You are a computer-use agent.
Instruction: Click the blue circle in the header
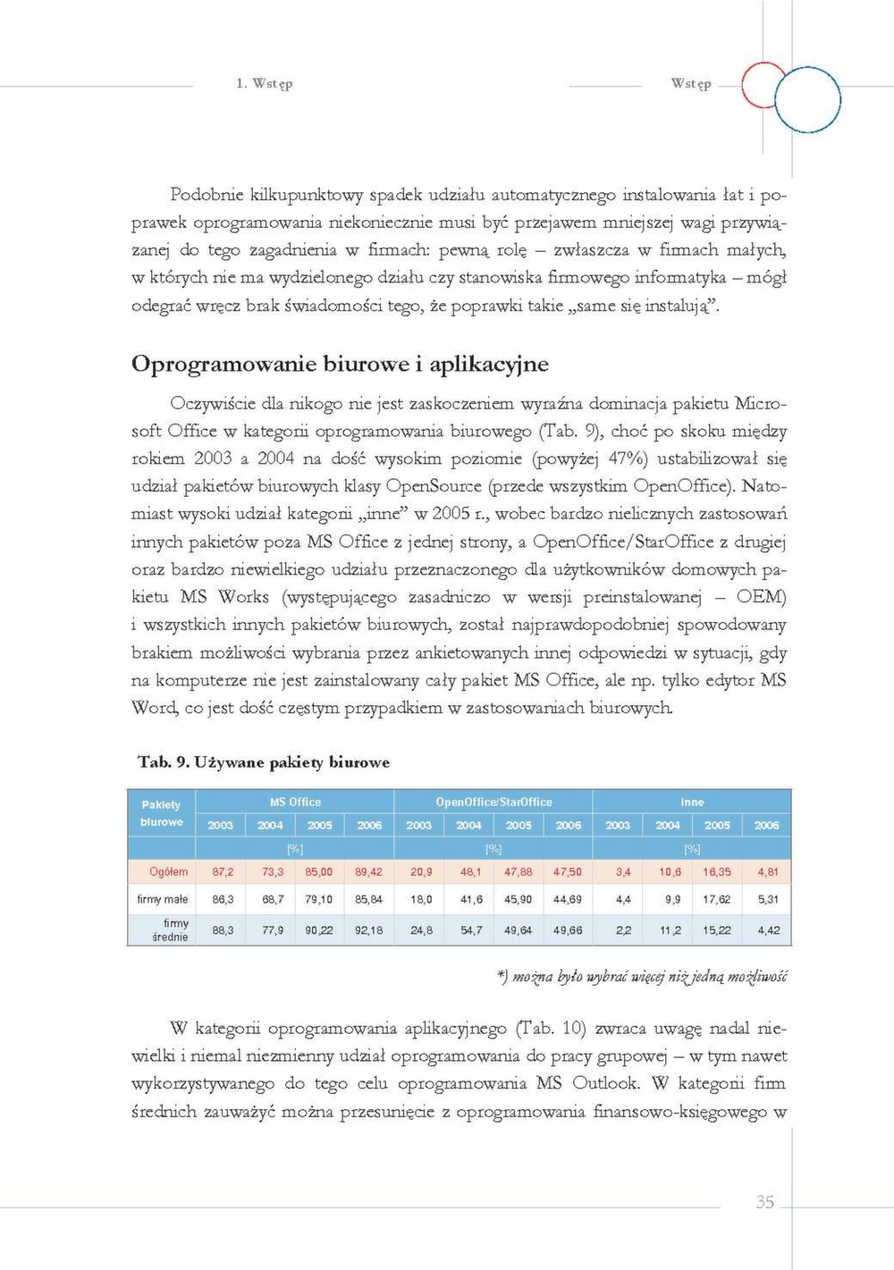point(807,100)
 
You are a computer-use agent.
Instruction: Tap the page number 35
point(765,1201)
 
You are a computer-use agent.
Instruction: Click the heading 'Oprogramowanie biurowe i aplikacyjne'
point(340,364)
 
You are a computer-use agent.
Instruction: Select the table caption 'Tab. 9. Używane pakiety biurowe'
point(264,762)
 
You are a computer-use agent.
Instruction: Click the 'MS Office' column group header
point(295,802)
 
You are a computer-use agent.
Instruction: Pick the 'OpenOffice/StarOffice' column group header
point(493,802)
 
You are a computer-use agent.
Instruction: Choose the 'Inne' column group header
point(692,802)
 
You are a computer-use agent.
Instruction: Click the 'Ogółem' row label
point(168,871)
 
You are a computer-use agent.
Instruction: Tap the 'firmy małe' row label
point(162,899)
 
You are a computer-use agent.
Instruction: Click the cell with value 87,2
point(223,871)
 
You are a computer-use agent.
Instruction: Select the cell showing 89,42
point(368,871)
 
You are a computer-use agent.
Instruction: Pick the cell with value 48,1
point(471,871)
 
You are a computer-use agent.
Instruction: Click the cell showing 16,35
point(716,871)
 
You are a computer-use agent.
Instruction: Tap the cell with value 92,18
point(368,930)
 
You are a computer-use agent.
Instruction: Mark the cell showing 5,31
point(768,899)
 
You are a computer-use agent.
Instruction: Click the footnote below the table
point(642,977)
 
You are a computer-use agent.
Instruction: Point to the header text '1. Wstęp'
point(264,83)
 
